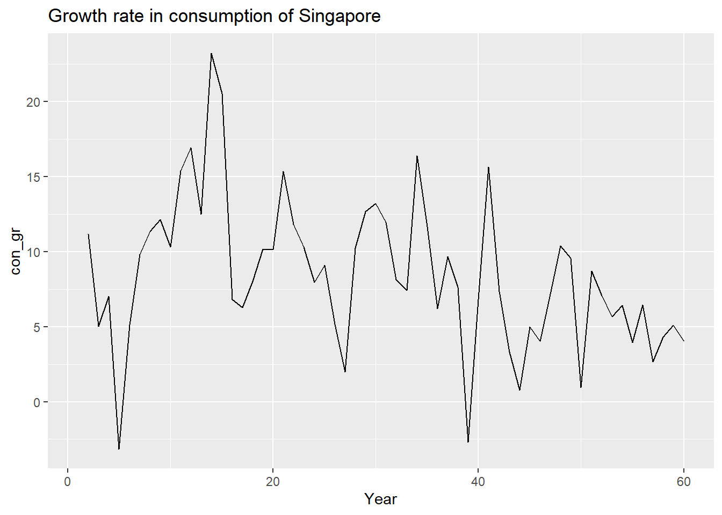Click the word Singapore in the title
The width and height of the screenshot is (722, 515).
[340, 16]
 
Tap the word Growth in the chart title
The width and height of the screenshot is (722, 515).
[74, 16]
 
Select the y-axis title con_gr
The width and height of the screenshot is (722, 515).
[16, 252]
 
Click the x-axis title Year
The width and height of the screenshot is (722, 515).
[380, 499]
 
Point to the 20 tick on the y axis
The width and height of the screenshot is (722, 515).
[33, 102]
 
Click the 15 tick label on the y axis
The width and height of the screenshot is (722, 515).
[33, 177]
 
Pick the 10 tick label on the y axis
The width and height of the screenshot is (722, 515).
[33, 252]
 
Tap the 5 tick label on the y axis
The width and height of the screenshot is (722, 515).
[37, 327]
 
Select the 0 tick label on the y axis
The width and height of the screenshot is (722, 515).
[37, 402]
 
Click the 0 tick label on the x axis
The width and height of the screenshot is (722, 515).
[68, 482]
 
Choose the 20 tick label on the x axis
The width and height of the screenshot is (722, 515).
[273, 482]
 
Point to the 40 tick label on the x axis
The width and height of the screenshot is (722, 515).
[478, 482]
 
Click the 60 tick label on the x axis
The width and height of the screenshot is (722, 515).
[683, 482]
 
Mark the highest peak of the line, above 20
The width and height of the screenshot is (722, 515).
[211, 54]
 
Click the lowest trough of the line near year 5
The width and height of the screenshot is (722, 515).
[119, 449]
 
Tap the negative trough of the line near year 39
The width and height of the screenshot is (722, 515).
[468, 442]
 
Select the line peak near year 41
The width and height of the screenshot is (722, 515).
[488, 167]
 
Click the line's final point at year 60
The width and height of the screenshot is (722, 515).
[683, 341]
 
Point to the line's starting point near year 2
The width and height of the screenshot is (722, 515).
[88, 234]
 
